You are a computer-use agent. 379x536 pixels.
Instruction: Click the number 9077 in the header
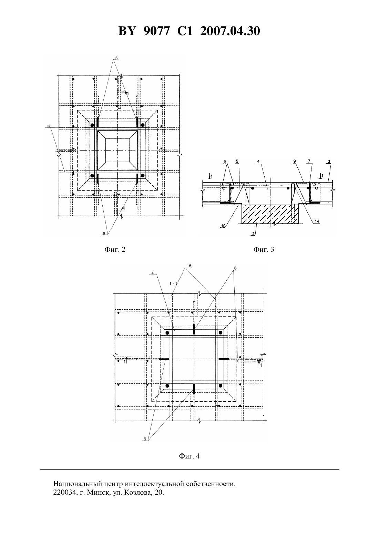coord(156,31)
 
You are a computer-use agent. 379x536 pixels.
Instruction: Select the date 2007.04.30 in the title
coord(230,31)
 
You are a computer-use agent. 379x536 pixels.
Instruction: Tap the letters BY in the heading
coord(127,31)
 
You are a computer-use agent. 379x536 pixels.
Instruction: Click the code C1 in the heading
coord(185,31)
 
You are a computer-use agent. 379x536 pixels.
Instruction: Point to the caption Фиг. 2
coord(115,250)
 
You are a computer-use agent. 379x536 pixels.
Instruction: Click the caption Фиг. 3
coord(264,250)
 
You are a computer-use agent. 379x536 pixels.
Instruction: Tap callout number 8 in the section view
coord(225,162)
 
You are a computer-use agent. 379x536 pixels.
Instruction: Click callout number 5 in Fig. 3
coord(237,162)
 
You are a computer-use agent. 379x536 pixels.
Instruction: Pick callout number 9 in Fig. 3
coord(295,162)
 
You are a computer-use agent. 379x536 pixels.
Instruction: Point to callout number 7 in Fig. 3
coord(309,162)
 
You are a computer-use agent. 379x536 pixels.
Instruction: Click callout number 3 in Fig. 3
coord(329,162)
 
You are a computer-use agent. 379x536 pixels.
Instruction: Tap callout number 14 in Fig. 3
coord(317,221)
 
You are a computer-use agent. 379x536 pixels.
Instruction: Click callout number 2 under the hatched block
coord(253,234)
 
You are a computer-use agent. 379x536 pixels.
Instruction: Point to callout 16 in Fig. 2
coord(49,126)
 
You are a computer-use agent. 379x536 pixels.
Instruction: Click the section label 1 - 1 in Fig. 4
coord(173,284)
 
